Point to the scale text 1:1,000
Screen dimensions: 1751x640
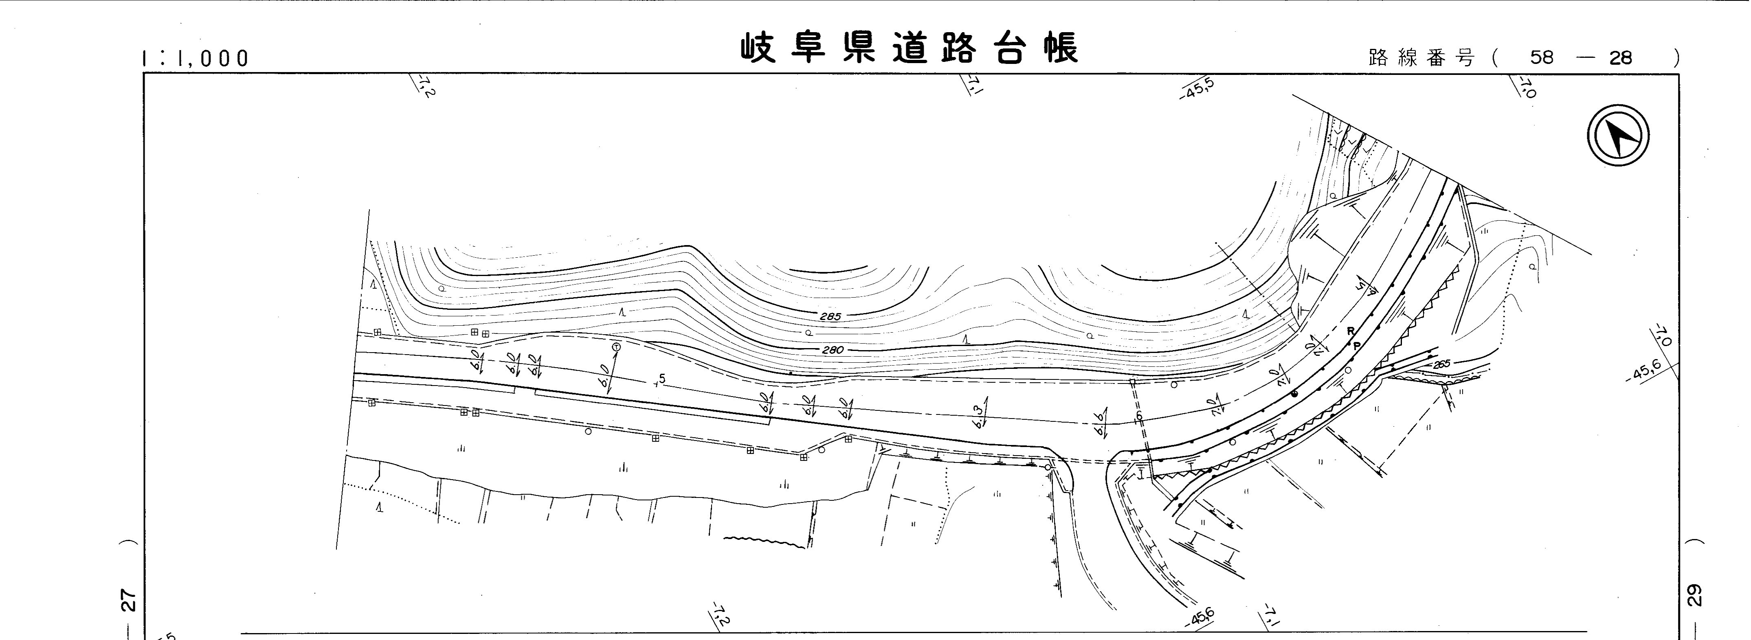coord(196,59)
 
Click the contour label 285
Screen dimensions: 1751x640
coord(830,317)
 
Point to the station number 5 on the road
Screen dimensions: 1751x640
coord(662,379)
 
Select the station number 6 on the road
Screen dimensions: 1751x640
coord(1139,416)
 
